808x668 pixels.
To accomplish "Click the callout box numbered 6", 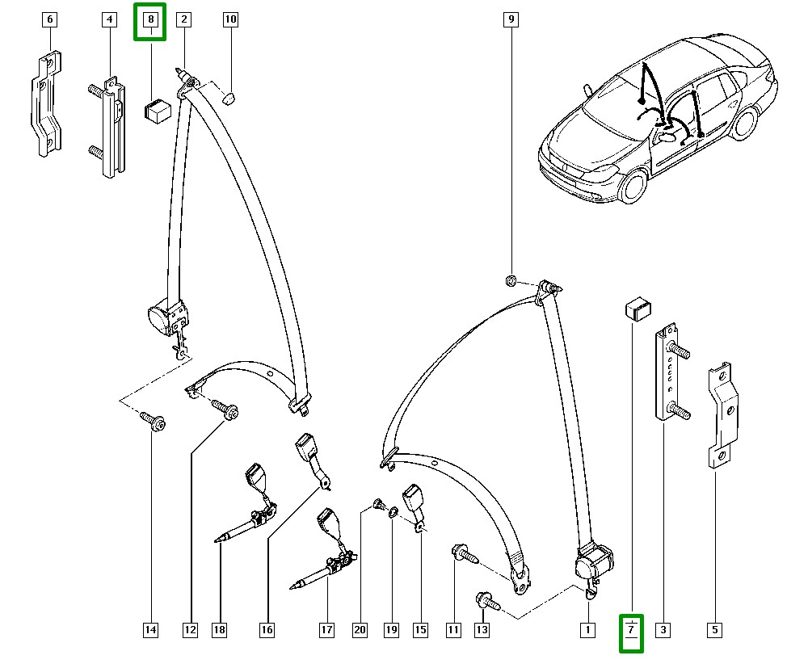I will click(49, 19).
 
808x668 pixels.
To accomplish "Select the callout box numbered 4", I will click(109, 19).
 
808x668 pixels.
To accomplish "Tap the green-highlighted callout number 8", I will click(150, 20).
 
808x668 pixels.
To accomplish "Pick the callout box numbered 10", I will click(230, 19).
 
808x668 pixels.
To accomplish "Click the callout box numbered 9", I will click(510, 19).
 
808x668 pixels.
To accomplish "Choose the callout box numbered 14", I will click(150, 630).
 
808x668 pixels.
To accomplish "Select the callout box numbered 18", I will click(219, 630).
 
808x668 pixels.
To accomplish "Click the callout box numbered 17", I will click(326, 630).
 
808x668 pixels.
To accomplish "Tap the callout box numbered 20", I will click(360, 630).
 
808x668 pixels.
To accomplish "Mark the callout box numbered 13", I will click(482, 630).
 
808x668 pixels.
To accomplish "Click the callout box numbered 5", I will click(713, 630).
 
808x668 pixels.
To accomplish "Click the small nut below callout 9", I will click(511, 279).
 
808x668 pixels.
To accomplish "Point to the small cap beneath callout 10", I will click(229, 98).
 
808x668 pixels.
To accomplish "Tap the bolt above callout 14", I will click(154, 421).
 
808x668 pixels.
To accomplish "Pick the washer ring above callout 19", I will click(392, 511).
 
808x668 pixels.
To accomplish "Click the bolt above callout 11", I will click(462, 554).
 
